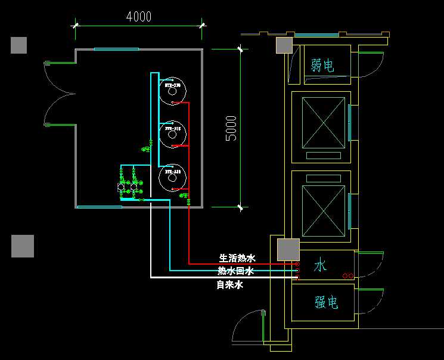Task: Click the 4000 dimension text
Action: (139, 17)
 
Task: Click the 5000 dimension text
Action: (231, 128)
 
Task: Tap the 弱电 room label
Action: (322, 65)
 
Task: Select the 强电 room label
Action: (327, 303)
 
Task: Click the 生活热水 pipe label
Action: (237, 258)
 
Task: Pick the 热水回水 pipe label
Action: (236, 271)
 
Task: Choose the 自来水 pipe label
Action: (230, 285)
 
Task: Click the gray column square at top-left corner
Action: (18, 45)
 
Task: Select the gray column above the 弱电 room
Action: (284, 45)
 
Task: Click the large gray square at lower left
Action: (23, 246)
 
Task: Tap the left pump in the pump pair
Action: (122, 187)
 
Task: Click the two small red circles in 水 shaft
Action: (348, 276)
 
